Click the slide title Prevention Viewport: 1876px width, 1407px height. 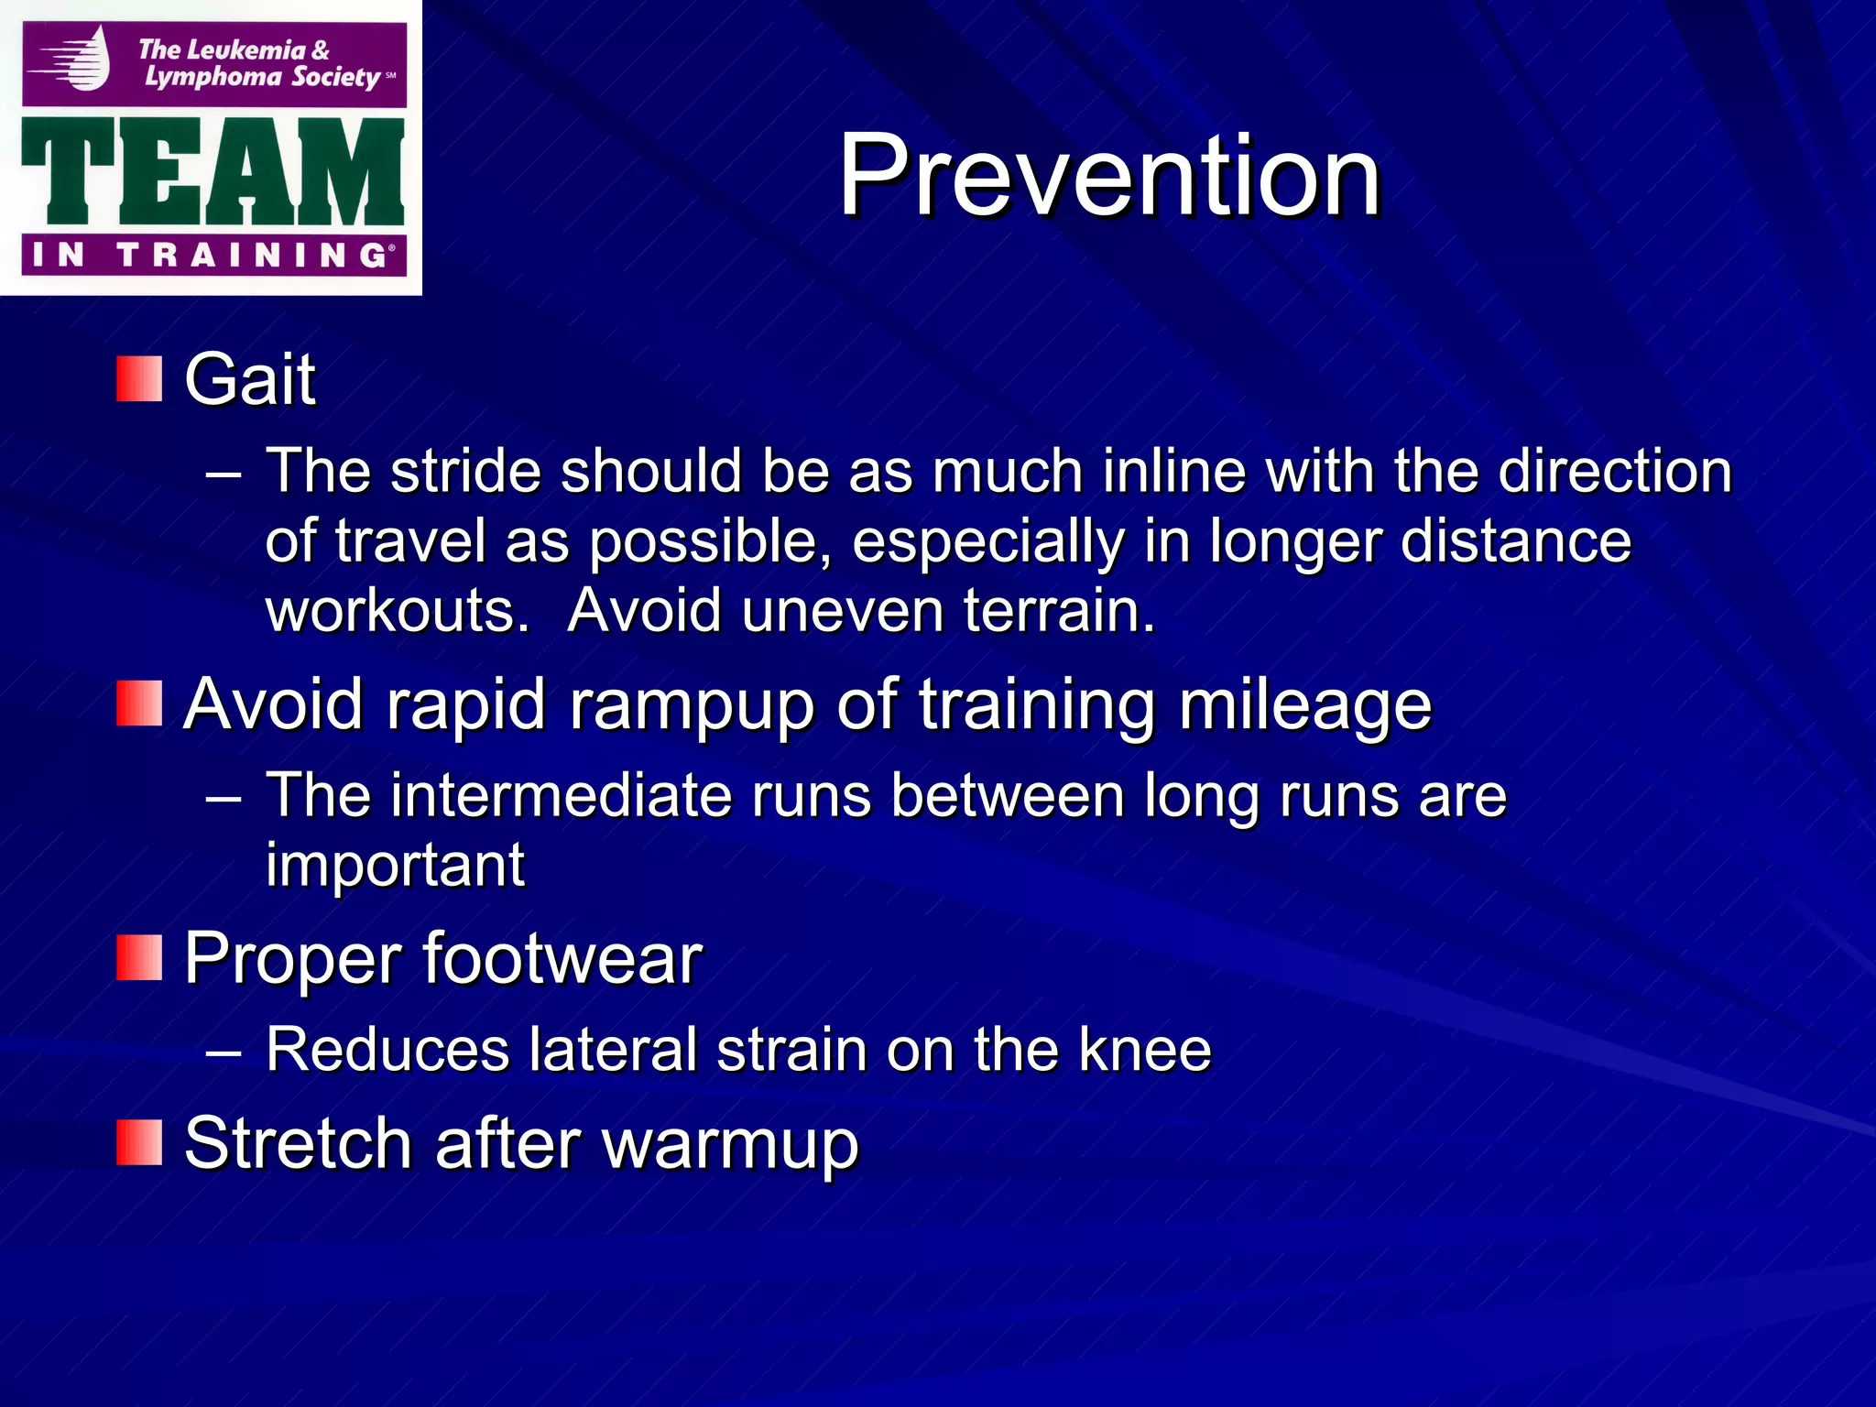click(1109, 175)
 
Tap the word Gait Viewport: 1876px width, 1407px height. click(250, 379)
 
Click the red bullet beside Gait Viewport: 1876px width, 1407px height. click(139, 379)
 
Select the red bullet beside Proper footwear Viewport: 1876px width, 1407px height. click(139, 958)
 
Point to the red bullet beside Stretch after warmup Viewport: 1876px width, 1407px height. click(139, 1143)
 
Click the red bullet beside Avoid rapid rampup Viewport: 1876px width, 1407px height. click(139, 703)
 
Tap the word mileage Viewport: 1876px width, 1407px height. click(1304, 705)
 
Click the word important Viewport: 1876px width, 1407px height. click(395, 865)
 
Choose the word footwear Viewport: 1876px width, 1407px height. click(562, 958)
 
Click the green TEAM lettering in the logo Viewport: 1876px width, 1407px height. click(213, 172)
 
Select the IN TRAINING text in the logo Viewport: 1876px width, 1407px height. click(213, 255)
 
